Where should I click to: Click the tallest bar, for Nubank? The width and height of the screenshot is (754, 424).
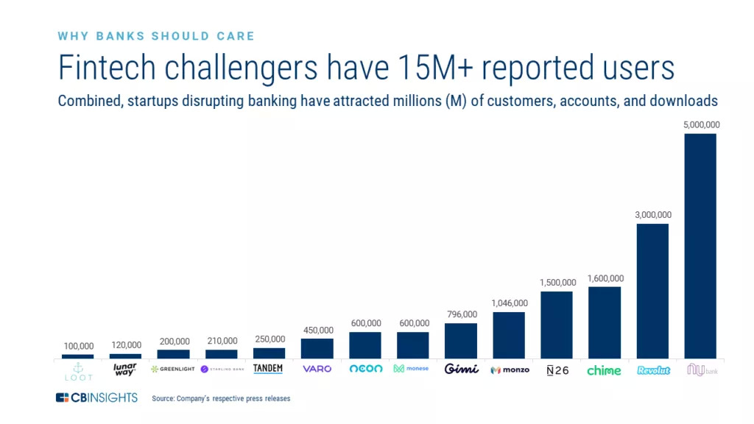700,246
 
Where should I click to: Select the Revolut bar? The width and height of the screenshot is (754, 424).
652,291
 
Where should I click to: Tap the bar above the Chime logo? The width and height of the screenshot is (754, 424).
605,322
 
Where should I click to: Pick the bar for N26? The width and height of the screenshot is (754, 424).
557,325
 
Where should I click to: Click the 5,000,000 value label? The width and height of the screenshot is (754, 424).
700,125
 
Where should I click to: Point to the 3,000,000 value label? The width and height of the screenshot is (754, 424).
652,215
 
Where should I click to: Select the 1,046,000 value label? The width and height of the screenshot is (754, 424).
509,303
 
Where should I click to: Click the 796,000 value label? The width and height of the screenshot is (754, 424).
461,315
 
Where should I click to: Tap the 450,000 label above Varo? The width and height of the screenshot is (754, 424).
317,330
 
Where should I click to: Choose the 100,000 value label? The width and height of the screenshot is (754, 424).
78,346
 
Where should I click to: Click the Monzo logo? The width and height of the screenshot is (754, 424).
510,370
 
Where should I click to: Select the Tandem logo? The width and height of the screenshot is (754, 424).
269,369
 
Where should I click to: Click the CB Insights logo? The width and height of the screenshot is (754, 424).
96,397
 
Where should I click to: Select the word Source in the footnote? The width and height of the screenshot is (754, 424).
163,399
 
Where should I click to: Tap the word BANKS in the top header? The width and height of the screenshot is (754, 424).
117,36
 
